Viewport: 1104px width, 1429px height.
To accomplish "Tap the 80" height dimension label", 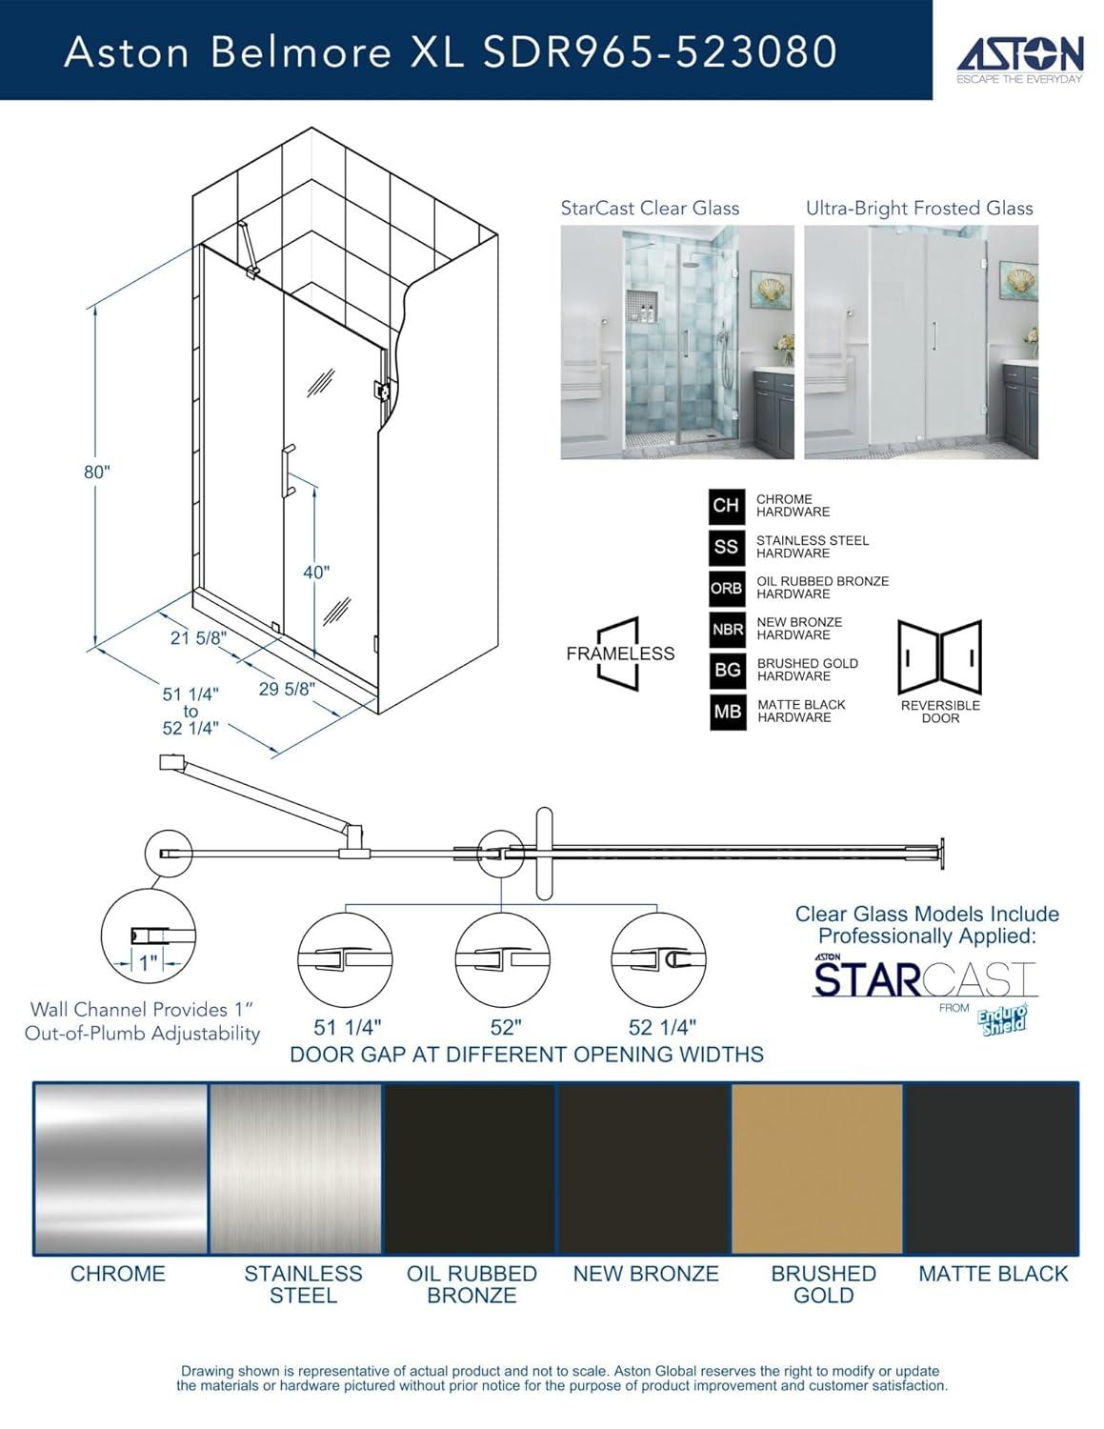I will [x=97, y=473].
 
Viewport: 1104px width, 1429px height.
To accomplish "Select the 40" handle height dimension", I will [x=316, y=573].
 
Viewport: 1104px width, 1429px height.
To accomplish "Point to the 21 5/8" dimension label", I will [x=198, y=638].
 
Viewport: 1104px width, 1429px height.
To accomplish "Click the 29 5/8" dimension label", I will [x=287, y=689].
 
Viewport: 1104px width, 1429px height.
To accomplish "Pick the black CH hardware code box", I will [x=727, y=505].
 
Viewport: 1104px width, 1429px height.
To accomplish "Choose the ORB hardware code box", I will [x=727, y=588].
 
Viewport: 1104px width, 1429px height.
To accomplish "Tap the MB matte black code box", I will [x=727, y=712].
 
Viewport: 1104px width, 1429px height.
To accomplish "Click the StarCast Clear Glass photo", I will [x=676, y=342].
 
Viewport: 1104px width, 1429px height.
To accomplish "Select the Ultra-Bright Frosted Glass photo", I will [x=920, y=342].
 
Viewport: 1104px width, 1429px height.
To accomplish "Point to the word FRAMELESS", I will [x=620, y=654].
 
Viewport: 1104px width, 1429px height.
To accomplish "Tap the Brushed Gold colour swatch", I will [x=816, y=1169].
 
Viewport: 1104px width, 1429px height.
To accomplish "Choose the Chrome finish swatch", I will [x=120, y=1169].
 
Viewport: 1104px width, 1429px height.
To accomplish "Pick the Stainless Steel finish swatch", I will [x=295, y=1169].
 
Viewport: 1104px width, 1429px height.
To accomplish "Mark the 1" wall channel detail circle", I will [x=148, y=936].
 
